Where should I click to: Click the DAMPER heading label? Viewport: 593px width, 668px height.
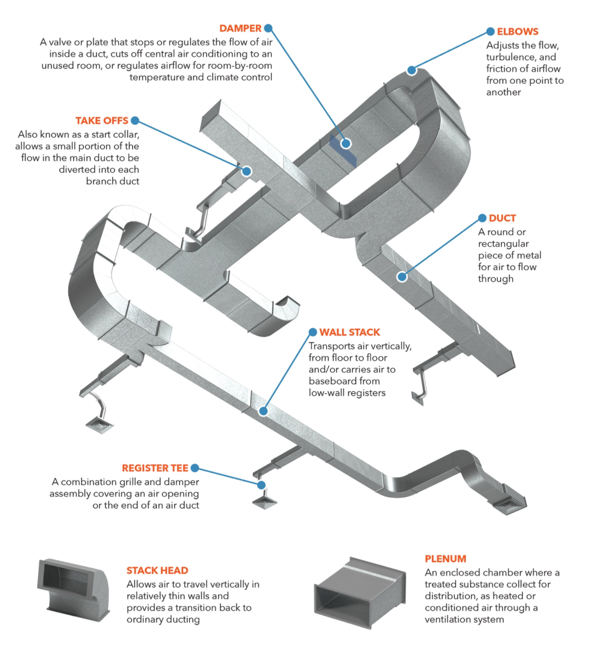click(x=240, y=29)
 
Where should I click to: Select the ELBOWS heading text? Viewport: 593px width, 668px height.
click(x=517, y=32)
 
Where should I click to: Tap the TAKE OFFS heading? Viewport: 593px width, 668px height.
click(x=101, y=121)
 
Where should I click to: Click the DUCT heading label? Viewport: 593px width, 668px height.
click(x=502, y=218)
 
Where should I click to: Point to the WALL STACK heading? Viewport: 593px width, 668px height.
click(x=349, y=332)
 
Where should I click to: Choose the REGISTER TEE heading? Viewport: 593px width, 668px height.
click(x=155, y=468)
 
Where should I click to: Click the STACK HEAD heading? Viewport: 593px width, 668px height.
click(x=157, y=570)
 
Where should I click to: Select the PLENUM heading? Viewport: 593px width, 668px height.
click(x=445, y=559)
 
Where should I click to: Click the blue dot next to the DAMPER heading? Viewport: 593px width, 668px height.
click(x=268, y=29)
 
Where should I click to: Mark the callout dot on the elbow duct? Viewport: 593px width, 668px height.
click(x=412, y=71)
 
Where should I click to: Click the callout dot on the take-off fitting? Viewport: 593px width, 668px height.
click(x=246, y=171)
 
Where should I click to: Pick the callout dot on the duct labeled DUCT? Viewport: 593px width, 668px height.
click(x=402, y=277)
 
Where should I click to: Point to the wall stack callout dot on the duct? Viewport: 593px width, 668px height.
click(x=263, y=411)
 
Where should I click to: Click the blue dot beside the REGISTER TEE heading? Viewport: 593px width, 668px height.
click(x=195, y=468)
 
